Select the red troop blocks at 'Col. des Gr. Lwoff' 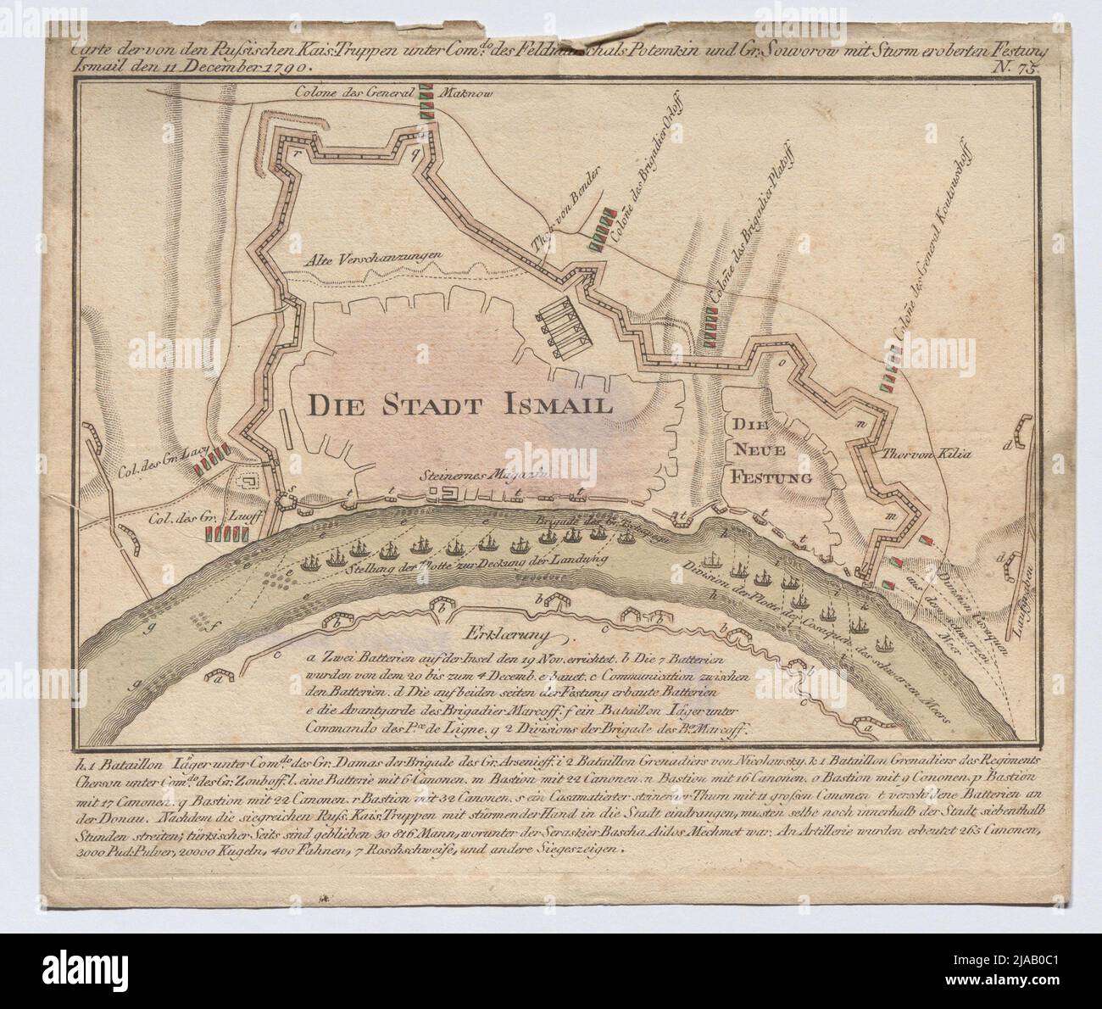[x=226, y=534]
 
